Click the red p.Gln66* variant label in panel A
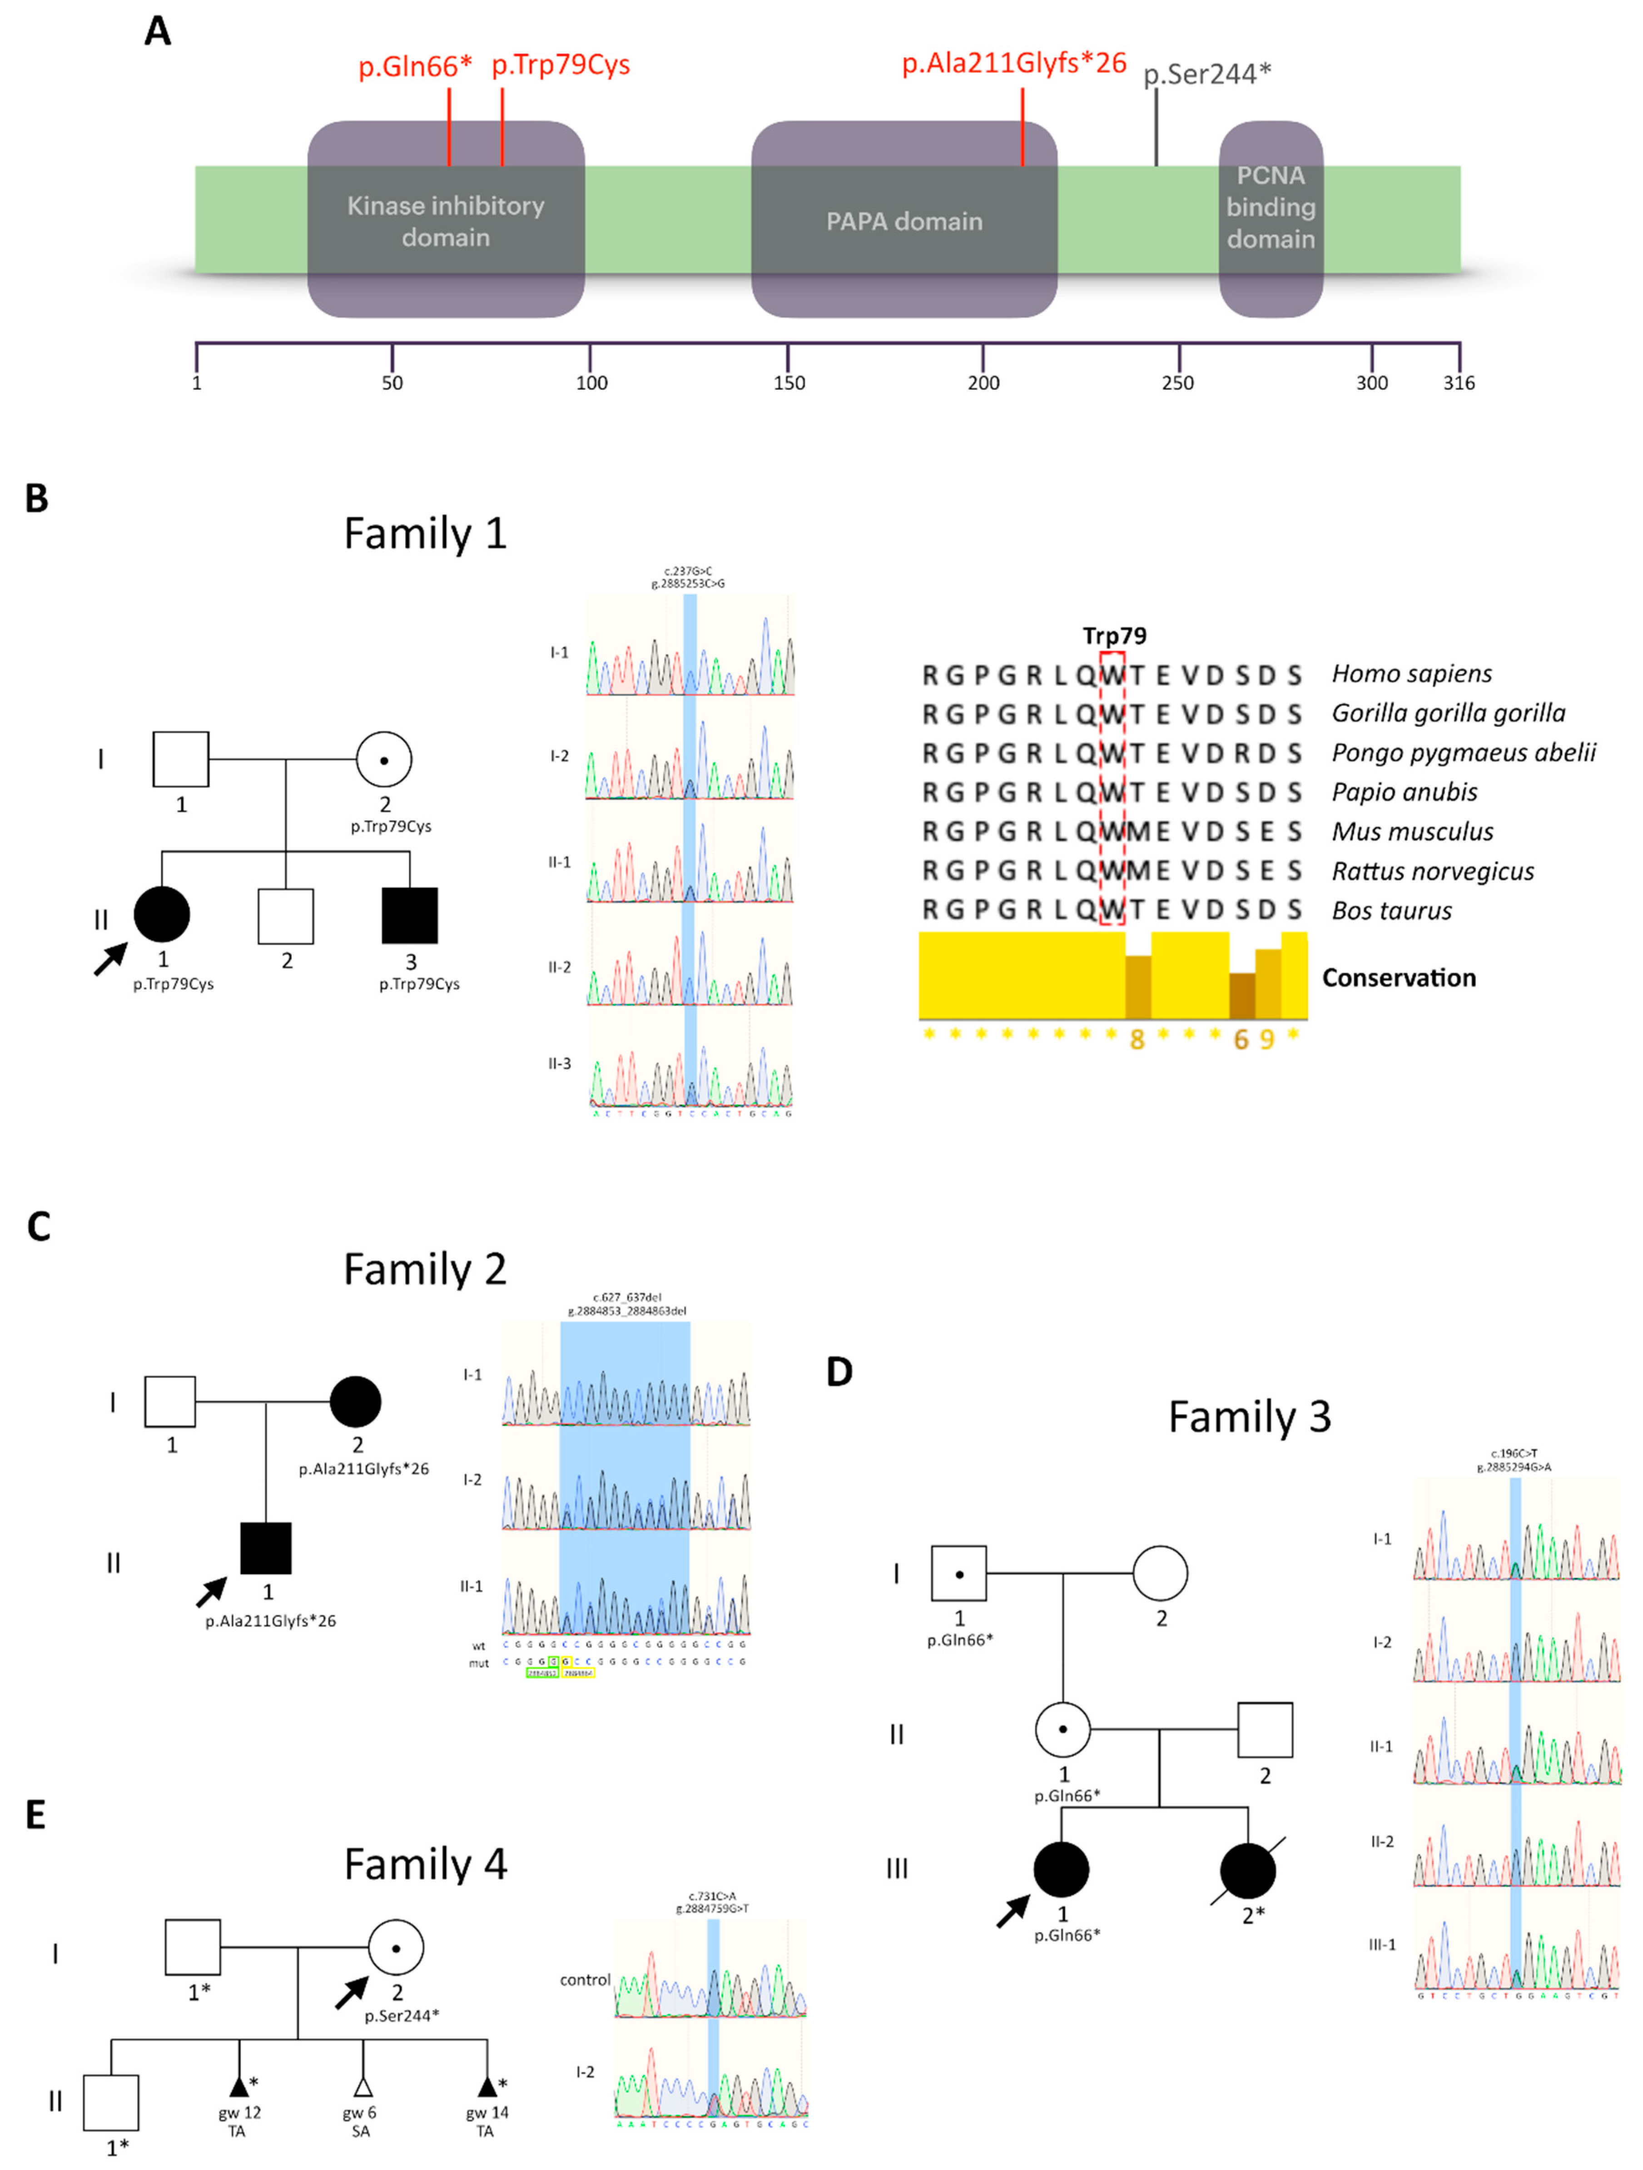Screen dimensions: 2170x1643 pyautogui.click(x=414, y=67)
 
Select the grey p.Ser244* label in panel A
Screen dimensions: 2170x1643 pyautogui.click(x=1206, y=74)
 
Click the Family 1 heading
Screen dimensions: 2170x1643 pyautogui.click(x=425, y=534)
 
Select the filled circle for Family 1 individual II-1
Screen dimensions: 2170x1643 pyautogui.click(x=162, y=914)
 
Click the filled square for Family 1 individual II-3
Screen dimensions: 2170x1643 pyautogui.click(x=410, y=915)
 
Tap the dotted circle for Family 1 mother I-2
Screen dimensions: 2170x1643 pyautogui.click(x=383, y=760)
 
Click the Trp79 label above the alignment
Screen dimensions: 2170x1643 pyautogui.click(x=1114, y=636)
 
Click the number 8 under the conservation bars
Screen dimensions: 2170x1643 pyautogui.click(x=1137, y=1040)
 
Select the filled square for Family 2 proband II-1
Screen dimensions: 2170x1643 pyautogui.click(x=266, y=1548)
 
